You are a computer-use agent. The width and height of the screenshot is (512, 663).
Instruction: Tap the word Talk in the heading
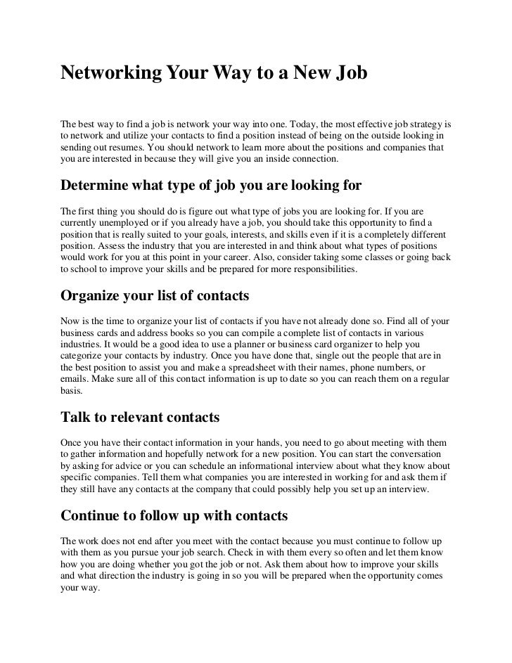(x=78, y=418)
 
